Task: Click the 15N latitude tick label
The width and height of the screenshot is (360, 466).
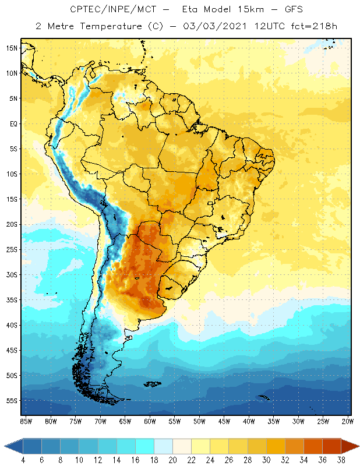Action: click(11, 48)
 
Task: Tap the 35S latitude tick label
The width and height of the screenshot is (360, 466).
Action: click(11, 300)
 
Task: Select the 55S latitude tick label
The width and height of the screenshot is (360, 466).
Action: click(11, 401)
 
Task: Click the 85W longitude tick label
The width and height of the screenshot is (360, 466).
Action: click(26, 421)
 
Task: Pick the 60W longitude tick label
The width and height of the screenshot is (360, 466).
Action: click(150, 421)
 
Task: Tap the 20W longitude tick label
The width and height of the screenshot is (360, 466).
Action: click(348, 421)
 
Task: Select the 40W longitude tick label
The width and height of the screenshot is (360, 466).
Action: click(249, 421)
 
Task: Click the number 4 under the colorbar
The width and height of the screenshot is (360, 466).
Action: click(23, 460)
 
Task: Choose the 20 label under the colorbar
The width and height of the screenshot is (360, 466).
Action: click(172, 460)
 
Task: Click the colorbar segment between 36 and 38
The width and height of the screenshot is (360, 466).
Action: click(331, 446)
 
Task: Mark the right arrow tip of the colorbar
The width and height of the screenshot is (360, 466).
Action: click(359, 446)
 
